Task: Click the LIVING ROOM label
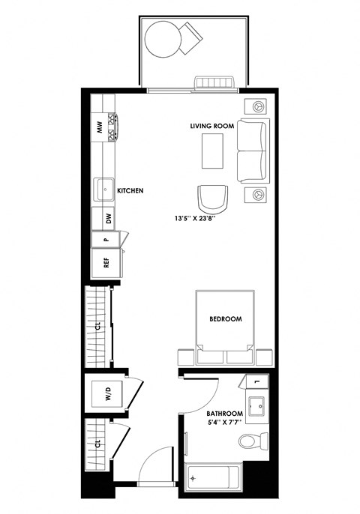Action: pos(212,127)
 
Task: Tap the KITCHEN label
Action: pos(130,191)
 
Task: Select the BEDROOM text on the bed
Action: pos(225,319)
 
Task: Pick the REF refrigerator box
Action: pos(106,262)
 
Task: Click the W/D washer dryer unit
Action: pos(108,394)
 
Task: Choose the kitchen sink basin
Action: pos(103,189)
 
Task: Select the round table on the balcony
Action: pos(163,38)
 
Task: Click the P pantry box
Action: pos(106,240)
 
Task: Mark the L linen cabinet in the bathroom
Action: pos(257,382)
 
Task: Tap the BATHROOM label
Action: pos(225,414)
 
